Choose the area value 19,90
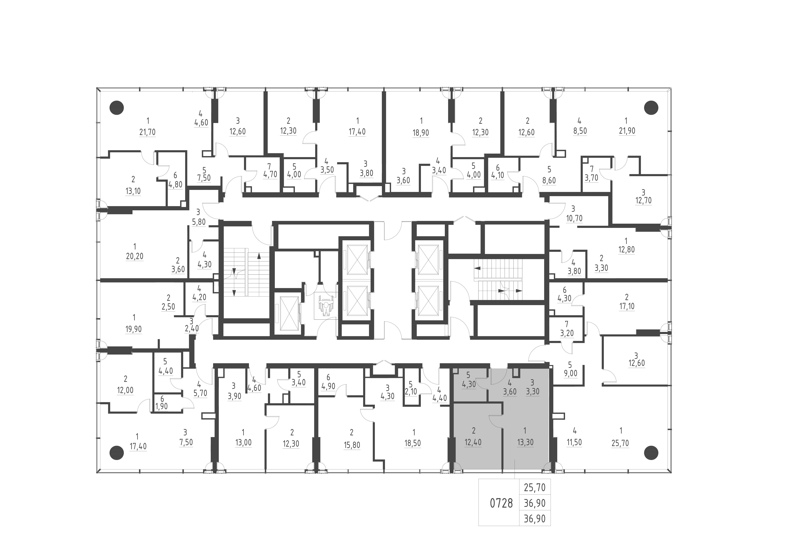134,329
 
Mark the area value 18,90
421,133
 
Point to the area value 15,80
352,445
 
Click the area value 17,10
626,306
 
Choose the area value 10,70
574,218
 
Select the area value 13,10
133,191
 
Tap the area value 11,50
574,442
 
